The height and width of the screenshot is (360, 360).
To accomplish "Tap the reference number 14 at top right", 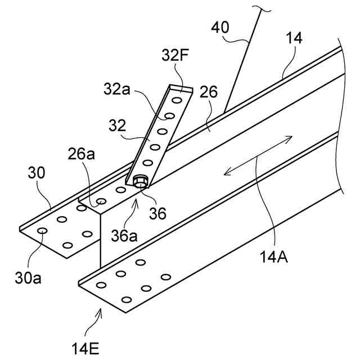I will point(294,38).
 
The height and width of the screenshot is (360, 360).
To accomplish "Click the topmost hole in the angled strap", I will point(177,100).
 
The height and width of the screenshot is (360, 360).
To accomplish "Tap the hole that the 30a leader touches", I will point(42,231).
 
